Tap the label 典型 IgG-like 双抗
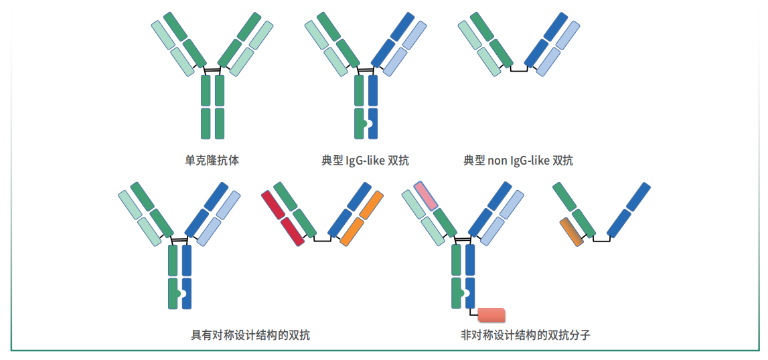click(x=364, y=160)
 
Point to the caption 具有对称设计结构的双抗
click(x=250, y=335)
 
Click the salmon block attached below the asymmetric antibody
click(x=491, y=315)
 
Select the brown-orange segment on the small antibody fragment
click(x=572, y=232)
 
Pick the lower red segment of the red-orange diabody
click(x=293, y=231)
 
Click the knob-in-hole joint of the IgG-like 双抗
click(x=368, y=124)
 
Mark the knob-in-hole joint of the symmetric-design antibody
click(x=181, y=294)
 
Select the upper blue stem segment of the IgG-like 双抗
click(x=373, y=90)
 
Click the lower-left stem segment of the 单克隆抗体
click(x=206, y=123)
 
